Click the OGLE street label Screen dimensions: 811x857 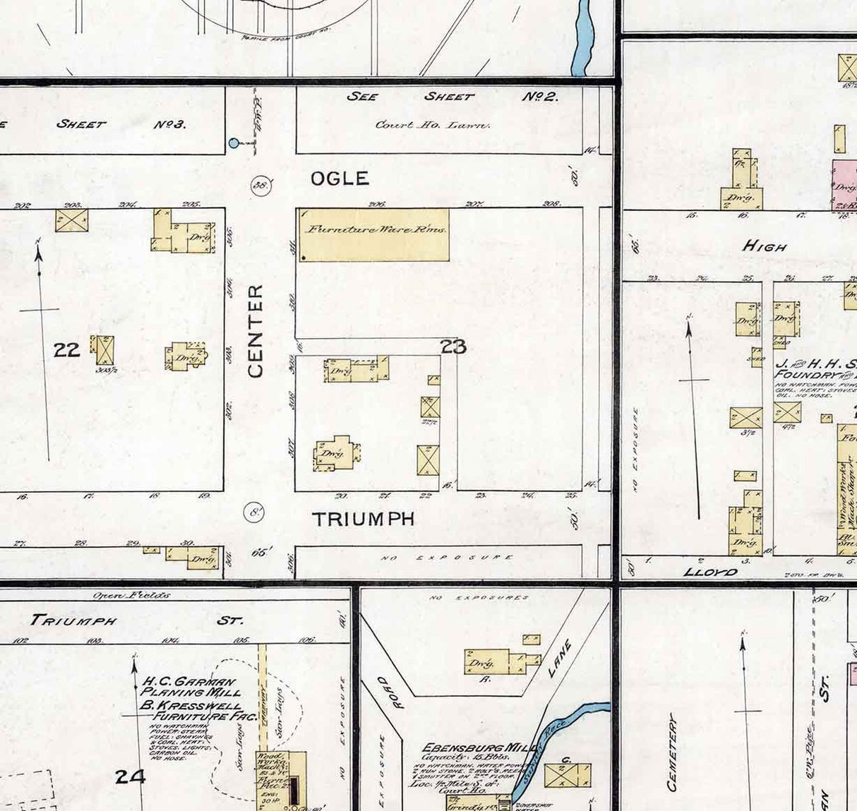[340, 179]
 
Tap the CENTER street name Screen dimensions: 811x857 [256, 330]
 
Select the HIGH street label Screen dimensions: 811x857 [765, 246]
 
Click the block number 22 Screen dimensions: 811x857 [66, 349]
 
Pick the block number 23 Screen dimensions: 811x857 [453, 347]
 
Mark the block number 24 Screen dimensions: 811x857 [130, 777]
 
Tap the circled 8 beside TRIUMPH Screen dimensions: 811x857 [254, 513]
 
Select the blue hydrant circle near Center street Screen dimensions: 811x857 [234, 143]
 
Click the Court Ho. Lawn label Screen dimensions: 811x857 [432, 125]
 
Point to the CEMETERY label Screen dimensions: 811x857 [672, 752]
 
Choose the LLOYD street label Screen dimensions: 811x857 [710, 572]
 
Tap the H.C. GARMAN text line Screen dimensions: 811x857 [189, 682]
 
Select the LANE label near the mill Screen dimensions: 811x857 [560, 659]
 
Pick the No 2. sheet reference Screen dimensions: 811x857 [540, 97]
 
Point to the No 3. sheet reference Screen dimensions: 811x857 [169, 124]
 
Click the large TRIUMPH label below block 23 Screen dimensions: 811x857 [363, 519]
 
